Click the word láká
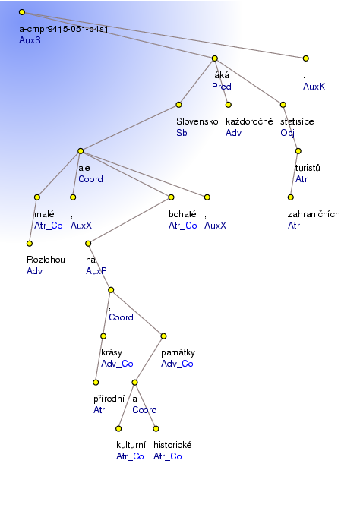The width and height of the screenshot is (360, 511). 220,75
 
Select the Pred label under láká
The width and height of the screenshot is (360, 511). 222,87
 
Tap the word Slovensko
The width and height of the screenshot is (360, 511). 197,121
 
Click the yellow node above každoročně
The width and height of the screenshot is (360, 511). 229,105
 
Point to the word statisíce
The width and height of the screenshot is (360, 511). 297,121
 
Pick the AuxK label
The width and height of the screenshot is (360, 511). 314,87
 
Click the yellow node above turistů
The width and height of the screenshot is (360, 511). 298,151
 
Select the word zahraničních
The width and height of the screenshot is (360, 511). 314,214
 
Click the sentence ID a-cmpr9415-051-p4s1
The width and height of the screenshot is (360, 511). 64,29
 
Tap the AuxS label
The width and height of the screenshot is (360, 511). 30,40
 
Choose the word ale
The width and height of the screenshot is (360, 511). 84,168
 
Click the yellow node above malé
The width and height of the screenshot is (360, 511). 37,197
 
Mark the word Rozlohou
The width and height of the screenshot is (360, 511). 46,260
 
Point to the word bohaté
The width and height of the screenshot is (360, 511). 182,214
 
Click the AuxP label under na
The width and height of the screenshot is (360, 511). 96,271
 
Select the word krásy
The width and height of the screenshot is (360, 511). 112,352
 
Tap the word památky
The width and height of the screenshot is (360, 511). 178,352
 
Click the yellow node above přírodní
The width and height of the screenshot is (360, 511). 96,382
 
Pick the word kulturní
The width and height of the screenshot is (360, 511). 131,445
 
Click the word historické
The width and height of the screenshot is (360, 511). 172,445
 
